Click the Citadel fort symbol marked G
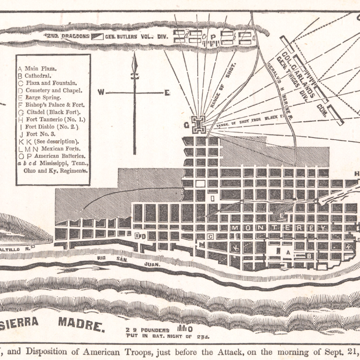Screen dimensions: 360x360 [199, 124]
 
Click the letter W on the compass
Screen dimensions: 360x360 [101, 92]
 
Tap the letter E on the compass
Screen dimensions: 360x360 [167, 93]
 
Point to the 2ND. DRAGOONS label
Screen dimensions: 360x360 [67, 36]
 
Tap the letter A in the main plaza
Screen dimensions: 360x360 [288, 252]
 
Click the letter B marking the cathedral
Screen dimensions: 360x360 [309, 256]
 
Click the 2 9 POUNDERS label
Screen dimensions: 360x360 [148, 330]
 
